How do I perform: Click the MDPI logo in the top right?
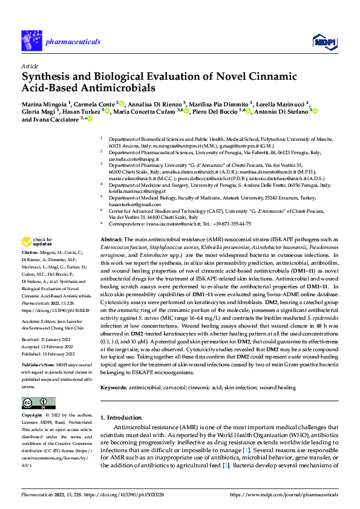click(x=323, y=40)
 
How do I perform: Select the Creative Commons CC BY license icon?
click(x=38, y=403)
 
